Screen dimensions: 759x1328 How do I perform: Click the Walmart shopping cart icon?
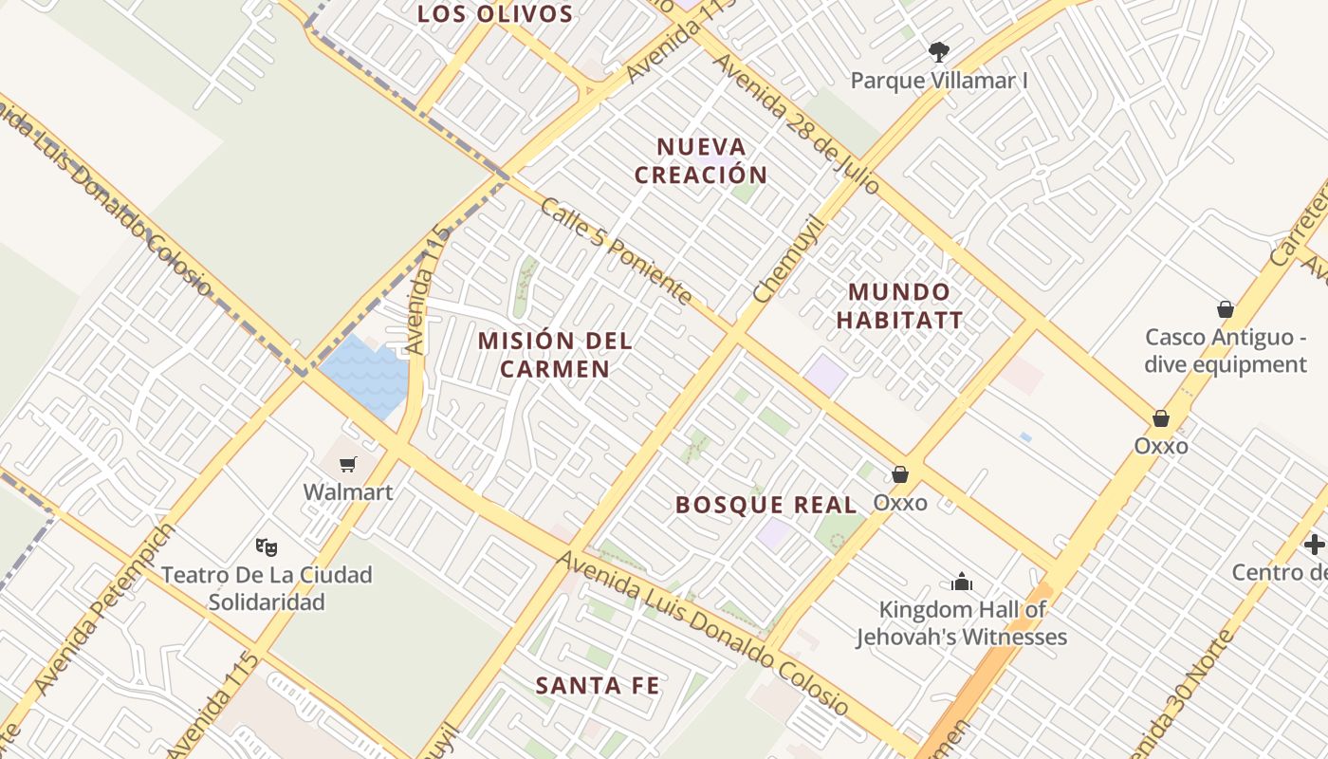click(348, 464)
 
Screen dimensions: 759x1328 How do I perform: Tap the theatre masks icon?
click(267, 546)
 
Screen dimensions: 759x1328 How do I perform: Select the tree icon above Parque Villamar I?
click(939, 51)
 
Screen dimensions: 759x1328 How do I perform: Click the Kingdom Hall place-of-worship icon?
click(962, 582)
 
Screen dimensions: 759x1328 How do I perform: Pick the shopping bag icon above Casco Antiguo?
click(1226, 309)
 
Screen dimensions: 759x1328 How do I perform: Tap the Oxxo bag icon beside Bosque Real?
click(899, 473)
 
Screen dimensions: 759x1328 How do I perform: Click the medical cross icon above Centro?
click(1315, 545)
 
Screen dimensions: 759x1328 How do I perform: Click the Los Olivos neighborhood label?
click(495, 14)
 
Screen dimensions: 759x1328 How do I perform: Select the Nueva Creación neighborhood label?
click(701, 161)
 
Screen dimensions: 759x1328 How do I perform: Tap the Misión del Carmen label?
click(555, 355)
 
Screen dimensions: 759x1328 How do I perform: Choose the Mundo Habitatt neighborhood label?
click(899, 305)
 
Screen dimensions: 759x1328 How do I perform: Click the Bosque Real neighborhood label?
click(765, 505)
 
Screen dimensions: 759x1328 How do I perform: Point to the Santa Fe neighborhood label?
click(598, 685)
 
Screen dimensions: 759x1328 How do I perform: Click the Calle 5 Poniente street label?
click(616, 250)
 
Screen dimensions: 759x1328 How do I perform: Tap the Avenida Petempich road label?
click(105, 608)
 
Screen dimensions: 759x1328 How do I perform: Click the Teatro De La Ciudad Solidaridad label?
click(267, 588)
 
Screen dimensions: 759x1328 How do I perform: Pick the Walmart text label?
click(348, 492)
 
